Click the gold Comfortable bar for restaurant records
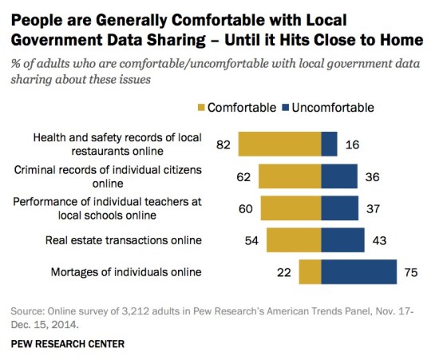(279, 144)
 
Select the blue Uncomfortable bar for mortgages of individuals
(358, 272)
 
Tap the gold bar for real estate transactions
(293, 240)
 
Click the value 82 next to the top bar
(223, 144)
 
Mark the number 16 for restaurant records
(354, 144)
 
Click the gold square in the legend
(200, 107)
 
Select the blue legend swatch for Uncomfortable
(286, 107)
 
